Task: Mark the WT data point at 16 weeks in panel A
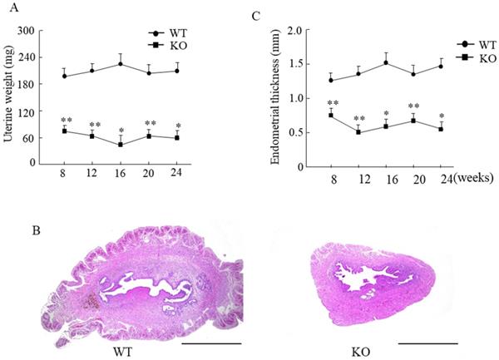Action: click(x=121, y=64)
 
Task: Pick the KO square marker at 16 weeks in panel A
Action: click(x=121, y=144)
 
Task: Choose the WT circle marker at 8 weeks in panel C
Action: click(x=330, y=81)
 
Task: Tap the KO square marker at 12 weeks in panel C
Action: click(x=358, y=131)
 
